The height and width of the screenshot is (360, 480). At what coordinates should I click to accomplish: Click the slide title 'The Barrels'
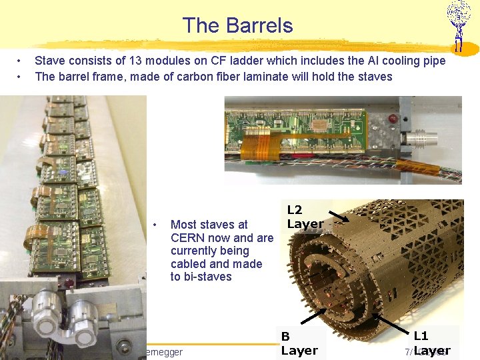(237, 25)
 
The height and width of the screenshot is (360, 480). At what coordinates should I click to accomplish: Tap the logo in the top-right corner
(458, 25)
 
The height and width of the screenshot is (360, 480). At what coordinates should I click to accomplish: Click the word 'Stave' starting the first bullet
(51, 61)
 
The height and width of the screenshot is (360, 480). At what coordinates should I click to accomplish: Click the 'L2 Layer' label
(305, 216)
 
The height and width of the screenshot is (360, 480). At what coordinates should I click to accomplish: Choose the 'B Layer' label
(299, 343)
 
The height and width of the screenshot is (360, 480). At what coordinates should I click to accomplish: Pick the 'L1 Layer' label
(431, 343)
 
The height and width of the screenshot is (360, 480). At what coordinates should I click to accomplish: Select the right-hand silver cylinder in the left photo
(91, 319)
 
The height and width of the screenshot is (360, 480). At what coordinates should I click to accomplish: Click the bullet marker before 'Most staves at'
(155, 225)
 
